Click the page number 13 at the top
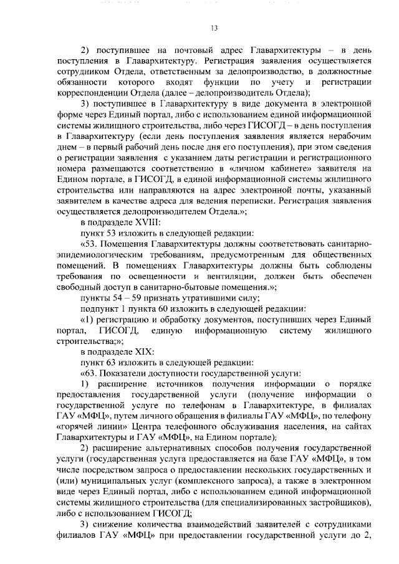point(214,28)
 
